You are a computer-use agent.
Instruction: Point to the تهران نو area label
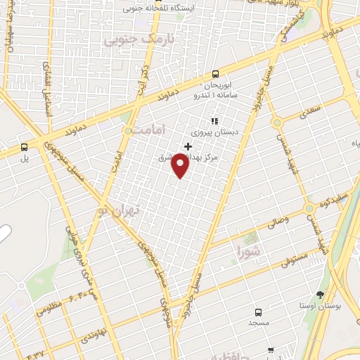[x=120, y=210]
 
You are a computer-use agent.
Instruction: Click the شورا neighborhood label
[x=248, y=250]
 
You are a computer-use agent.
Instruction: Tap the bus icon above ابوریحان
[x=215, y=74]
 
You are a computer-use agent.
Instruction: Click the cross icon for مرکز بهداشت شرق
[x=187, y=146]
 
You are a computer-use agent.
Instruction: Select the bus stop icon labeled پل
[x=25, y=147]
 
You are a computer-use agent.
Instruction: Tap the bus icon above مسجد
[x=258, y=311]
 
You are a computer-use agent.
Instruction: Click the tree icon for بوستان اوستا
[x=321, y=295]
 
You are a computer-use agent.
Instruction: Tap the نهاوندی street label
[x=94, y=330]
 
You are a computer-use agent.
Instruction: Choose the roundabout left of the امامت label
[x=128, y=131]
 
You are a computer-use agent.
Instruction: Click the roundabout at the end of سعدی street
[x=277, y=122]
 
